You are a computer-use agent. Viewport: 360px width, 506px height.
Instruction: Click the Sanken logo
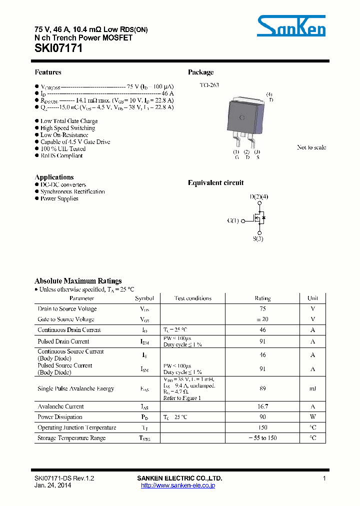(291, 25)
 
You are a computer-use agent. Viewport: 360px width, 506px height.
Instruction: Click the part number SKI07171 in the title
(58, 48)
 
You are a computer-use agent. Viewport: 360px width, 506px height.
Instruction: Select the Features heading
(48, 72)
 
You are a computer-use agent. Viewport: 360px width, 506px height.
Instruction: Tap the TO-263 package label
(209, 85)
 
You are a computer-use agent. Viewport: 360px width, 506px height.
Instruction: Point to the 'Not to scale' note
(311, 147)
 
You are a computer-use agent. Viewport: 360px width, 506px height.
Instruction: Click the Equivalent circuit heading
(215, 183)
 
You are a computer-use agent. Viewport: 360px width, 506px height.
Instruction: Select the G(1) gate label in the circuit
(233, 220)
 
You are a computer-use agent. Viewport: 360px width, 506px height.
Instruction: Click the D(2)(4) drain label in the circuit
(259, 197)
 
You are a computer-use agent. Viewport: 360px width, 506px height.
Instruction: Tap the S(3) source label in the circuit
(258, 239)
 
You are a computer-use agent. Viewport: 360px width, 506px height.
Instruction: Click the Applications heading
(54, 177)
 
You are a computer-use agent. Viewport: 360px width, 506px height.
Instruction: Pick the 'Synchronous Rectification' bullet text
(72, 192)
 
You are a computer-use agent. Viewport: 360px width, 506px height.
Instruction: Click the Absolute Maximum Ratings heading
(77, 281)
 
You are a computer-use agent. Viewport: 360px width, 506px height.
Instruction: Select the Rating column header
(262, 298)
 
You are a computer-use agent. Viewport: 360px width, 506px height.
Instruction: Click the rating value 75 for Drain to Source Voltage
(262, 309)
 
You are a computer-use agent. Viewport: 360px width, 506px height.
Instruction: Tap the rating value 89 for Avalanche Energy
(262, 388)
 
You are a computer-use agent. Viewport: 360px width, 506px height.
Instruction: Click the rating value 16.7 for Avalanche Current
(262, 406)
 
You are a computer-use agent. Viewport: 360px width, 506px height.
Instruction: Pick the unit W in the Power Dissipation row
(312, 417)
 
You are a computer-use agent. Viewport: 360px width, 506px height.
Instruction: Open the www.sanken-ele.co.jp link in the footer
(178, 485)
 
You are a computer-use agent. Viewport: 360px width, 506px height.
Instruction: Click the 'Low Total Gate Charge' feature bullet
(69, 121)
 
